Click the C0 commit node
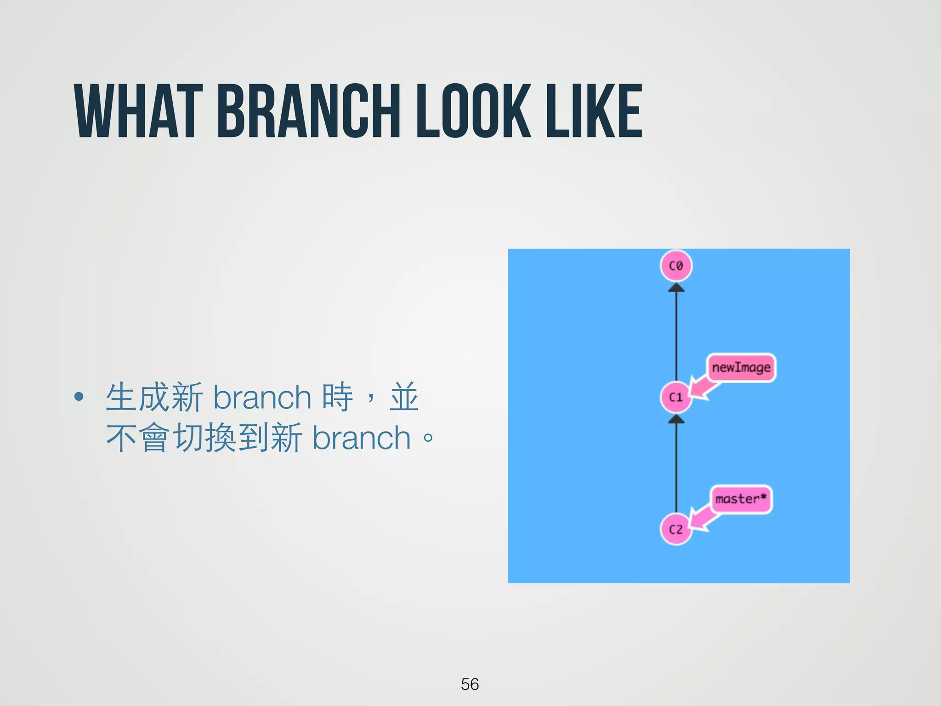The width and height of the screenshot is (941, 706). coord(676,266)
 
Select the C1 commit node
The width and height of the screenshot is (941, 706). coord(676,397)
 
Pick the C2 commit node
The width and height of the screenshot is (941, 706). coord(676,529)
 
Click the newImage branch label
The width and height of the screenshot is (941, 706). coord(741,368)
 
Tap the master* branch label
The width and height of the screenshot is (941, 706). coord(741,499)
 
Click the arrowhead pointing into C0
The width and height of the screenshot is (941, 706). coord(676,288)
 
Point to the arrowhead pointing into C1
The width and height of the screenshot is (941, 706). coord(676,419)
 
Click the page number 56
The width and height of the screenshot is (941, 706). coord(470,684)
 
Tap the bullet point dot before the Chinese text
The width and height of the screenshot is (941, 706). coord(79,397)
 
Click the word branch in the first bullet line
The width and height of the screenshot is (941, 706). coord(262,397)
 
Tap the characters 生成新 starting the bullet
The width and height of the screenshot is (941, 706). coord(154,397)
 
